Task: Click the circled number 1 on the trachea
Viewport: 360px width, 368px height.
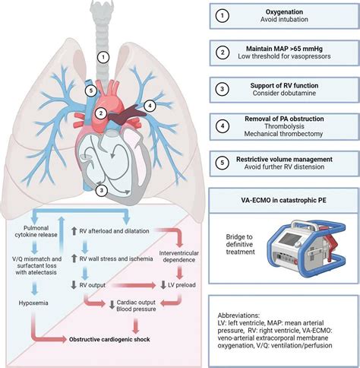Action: click(103, 56)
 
